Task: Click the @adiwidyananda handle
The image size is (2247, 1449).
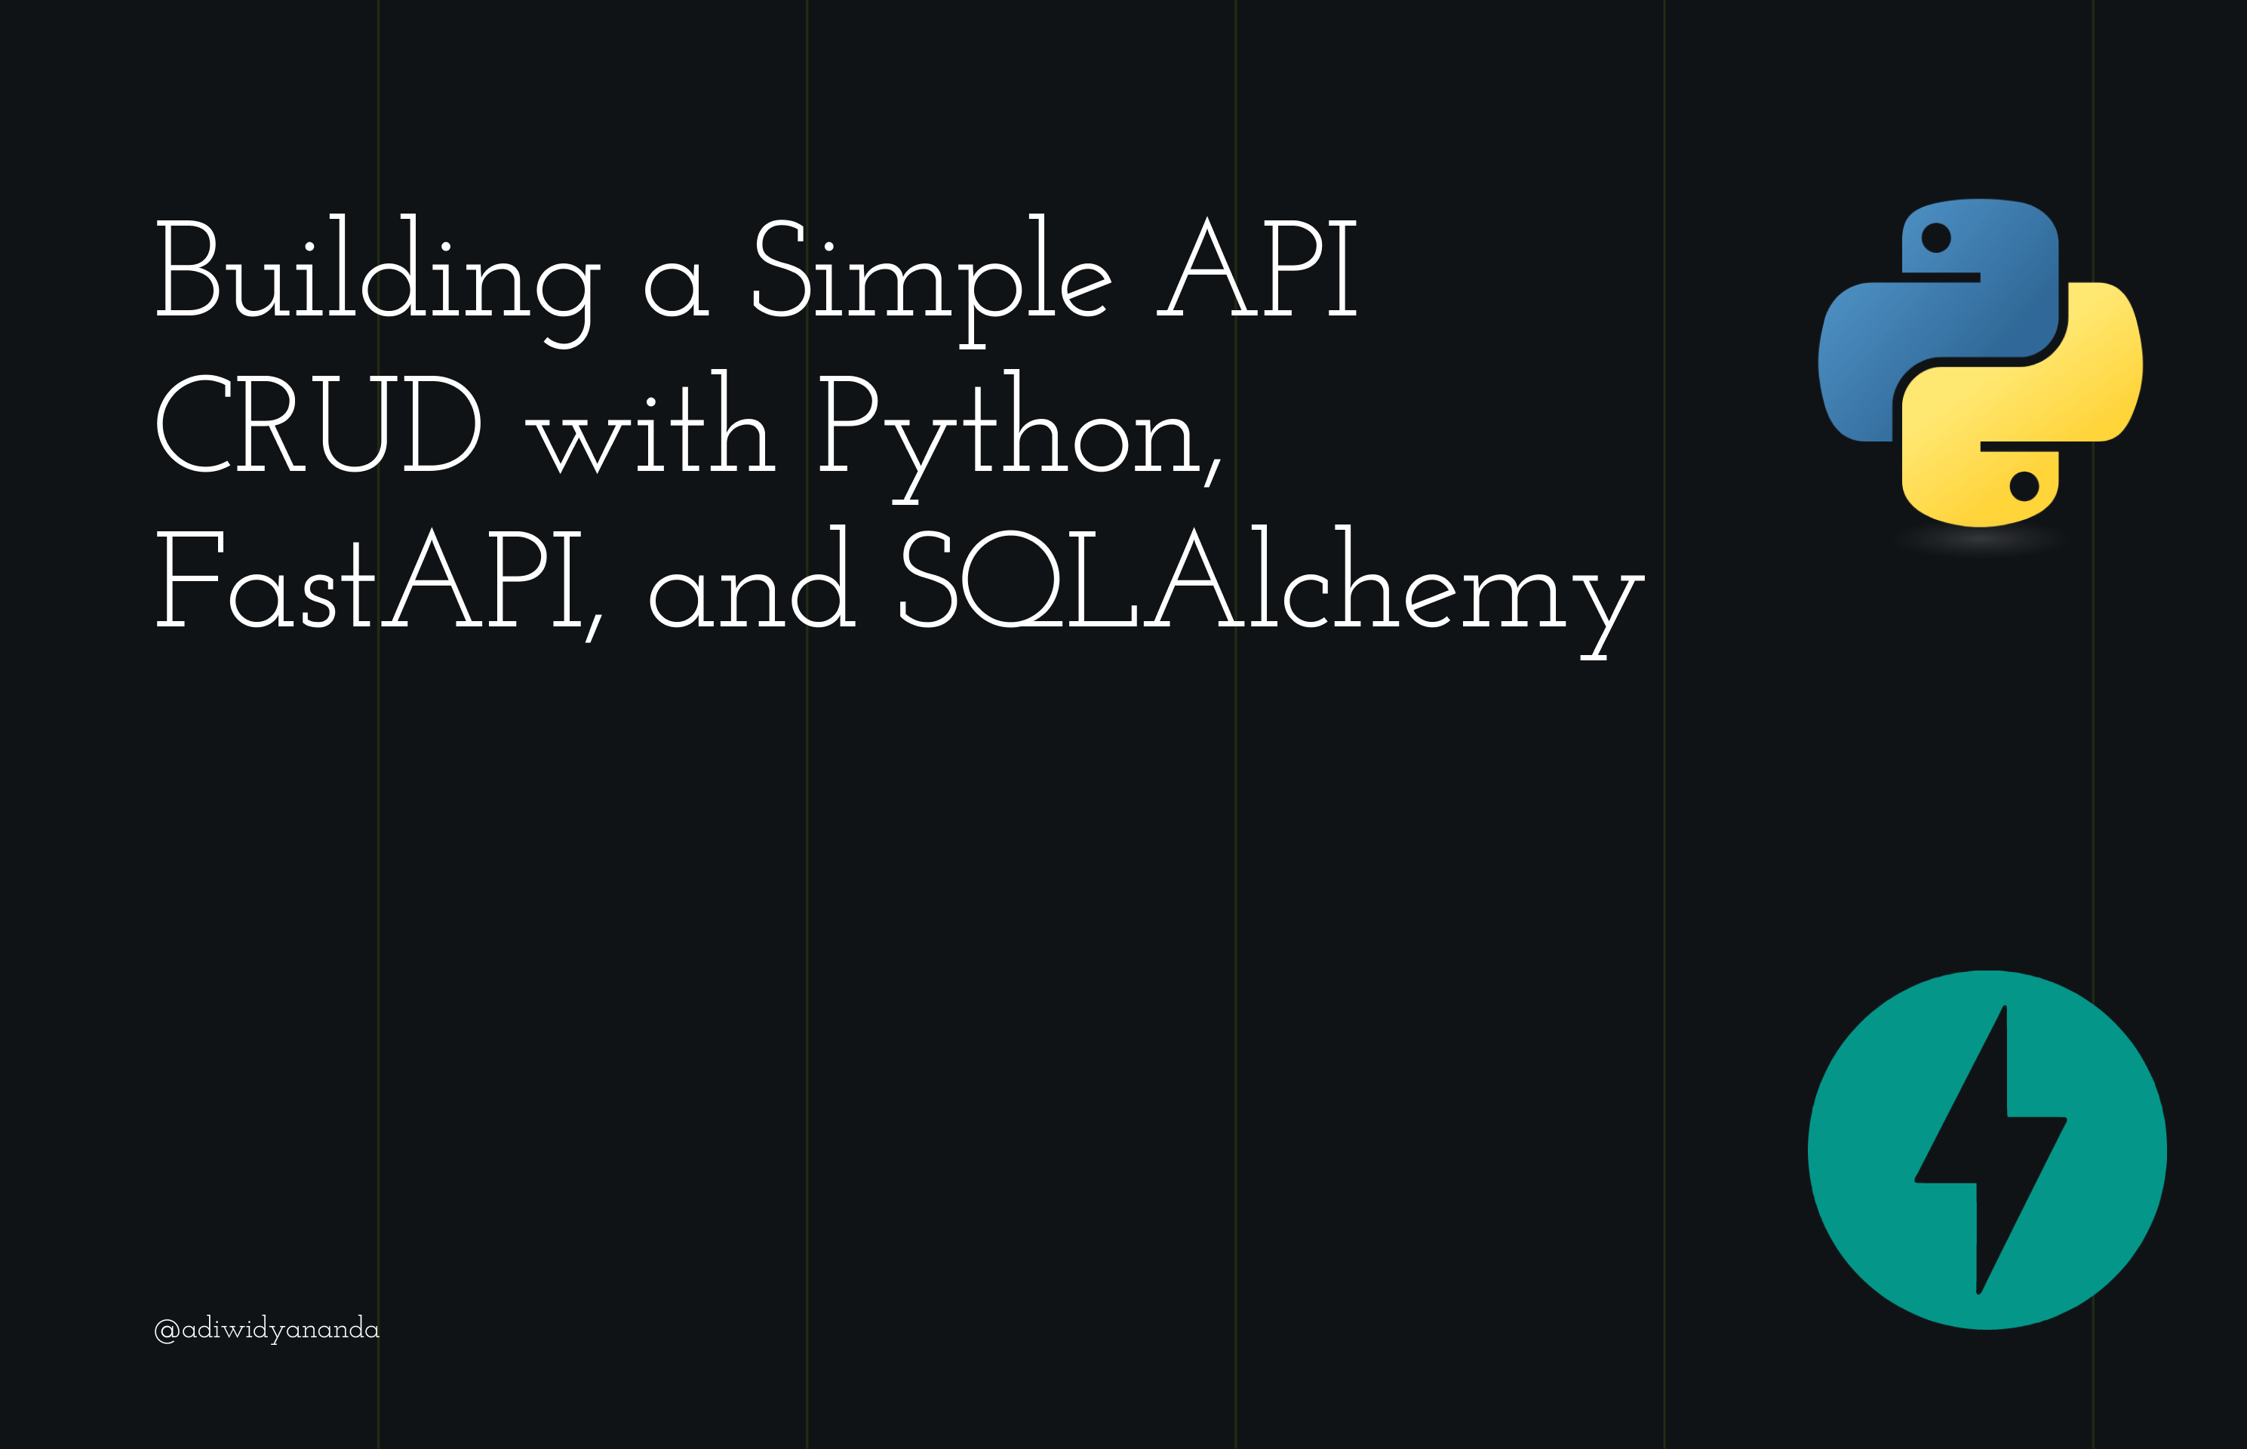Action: coord(267,1328)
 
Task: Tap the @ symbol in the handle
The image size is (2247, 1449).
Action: coord(167,1331)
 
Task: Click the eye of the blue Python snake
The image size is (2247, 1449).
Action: coord(1935,237)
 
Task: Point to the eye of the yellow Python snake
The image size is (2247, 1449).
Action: coord(2024,487)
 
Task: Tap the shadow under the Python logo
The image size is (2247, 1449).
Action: coord(1980,541)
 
